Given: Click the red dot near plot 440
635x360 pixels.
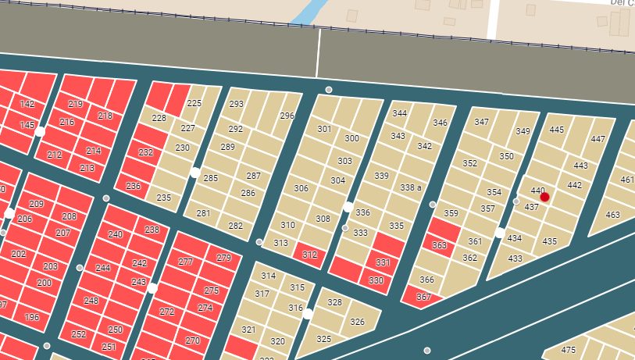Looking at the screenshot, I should pos(544,198).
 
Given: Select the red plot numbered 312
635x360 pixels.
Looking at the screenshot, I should pos(309,254).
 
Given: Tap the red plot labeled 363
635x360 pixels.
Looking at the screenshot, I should pos(439,245).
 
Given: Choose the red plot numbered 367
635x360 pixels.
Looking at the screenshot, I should pos(423,297).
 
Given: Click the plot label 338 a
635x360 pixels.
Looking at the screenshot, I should pos(411,188).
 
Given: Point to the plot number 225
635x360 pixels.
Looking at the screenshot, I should pos(194,103).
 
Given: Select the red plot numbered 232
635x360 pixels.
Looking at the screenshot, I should pos(146,152).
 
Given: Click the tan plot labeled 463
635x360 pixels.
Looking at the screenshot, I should pos(613,215).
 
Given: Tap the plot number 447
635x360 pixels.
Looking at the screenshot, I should pos(598,139).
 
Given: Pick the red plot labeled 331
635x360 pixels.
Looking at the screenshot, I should pos(383,262).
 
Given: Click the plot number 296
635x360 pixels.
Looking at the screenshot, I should pos(287,116).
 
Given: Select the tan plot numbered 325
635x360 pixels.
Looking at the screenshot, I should pos(324,339).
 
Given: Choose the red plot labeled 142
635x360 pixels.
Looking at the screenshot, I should pos(27,104).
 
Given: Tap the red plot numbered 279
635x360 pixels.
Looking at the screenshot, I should pos(224,258).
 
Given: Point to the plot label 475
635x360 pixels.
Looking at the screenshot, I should pos(569,350).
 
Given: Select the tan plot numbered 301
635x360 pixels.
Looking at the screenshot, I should pos(324,129).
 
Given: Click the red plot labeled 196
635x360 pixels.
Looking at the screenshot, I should pos(32,317).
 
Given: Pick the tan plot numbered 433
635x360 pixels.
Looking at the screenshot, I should pos(515,258).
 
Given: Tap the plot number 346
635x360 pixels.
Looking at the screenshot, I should pos(440,123).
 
